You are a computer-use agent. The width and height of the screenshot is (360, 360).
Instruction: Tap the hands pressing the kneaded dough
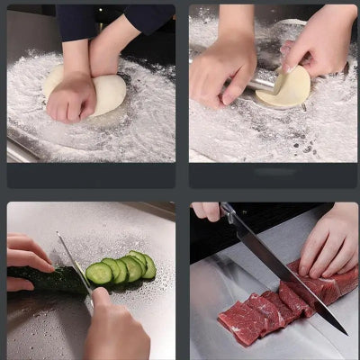click(x=72, y=97)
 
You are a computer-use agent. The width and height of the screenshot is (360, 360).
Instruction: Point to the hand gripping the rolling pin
click(x=222, y=67)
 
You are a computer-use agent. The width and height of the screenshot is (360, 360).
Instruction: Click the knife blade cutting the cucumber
click(x=76, y=265)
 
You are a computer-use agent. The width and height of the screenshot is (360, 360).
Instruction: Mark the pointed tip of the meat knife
click(x=346, y=332)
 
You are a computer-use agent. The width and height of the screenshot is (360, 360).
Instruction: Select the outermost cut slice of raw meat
click(x=238, y=324)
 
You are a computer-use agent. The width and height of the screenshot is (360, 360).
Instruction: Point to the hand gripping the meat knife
click(x=206, y=210)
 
